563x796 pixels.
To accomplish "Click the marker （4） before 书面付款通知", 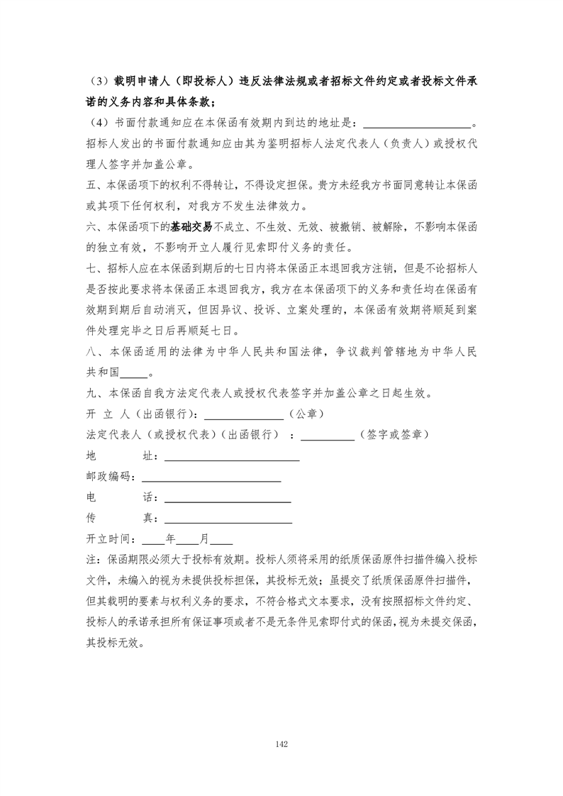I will click(99, 126).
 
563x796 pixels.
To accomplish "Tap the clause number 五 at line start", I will click(90, 187).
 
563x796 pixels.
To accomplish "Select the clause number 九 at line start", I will click(90, 393).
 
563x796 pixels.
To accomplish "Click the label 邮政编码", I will click(108, 477).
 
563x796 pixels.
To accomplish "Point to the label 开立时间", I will click(108, 538).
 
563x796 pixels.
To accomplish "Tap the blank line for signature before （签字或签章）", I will click(328, 434).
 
